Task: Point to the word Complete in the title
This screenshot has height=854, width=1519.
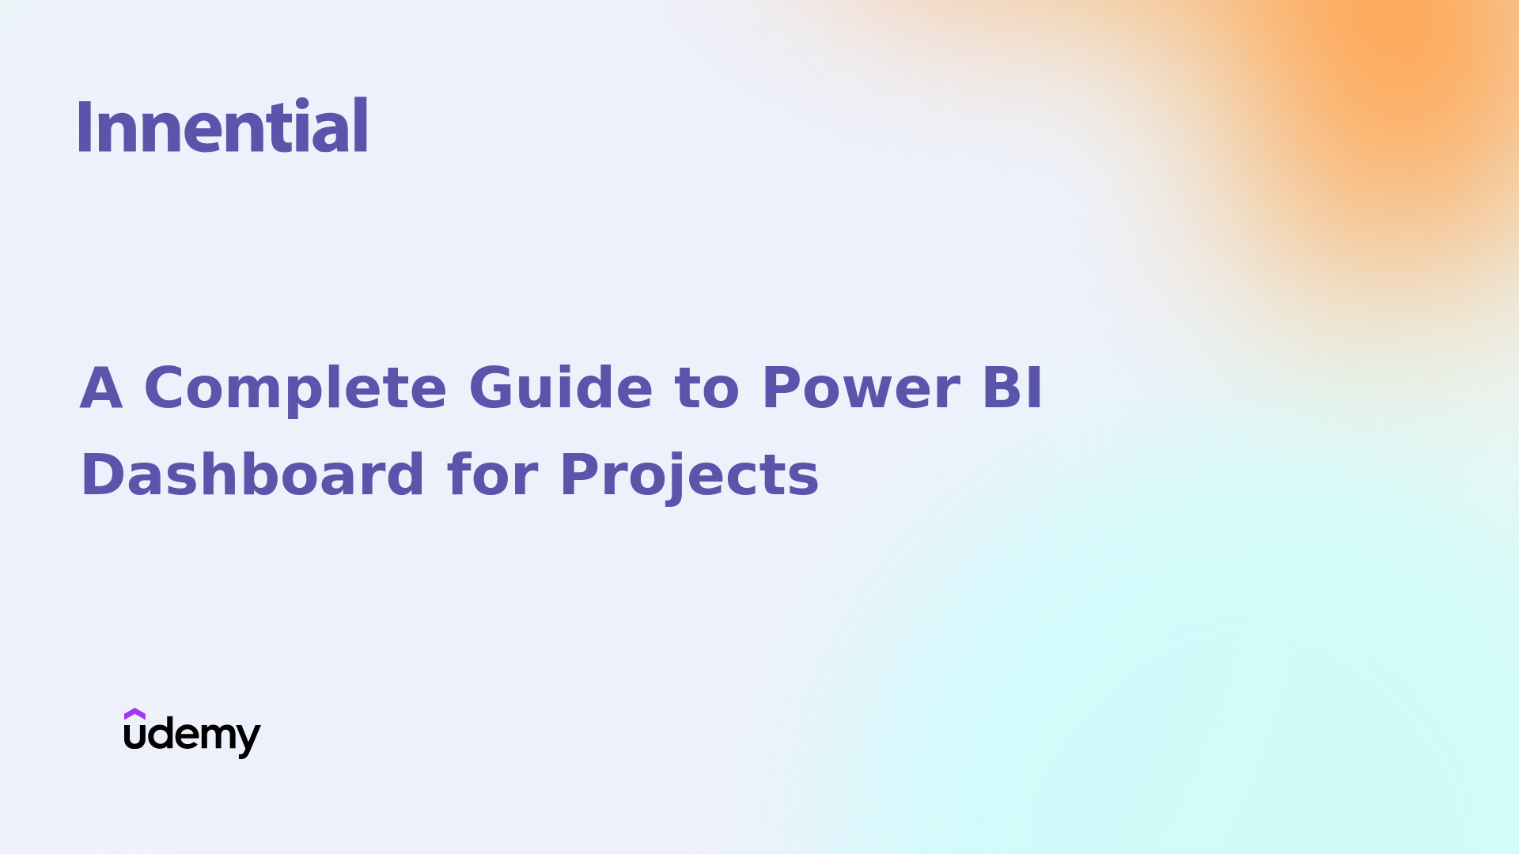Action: (295, 388)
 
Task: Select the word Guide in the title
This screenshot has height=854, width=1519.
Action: (560, 388)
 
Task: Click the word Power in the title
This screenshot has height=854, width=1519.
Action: (861, 388)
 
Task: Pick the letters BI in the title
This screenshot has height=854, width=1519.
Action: (1012, 388)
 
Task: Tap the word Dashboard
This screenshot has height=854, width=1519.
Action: (252, 475)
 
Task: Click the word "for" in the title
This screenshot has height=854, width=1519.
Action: (492, 475)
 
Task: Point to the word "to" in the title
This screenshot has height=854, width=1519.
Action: (706, 388)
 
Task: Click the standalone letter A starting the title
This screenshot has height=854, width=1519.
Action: (101, 388)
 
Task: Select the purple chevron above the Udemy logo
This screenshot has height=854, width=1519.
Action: (134, 713)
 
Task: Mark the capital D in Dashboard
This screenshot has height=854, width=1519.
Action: (101, 475)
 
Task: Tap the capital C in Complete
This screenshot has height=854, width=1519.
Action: (167, 388)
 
